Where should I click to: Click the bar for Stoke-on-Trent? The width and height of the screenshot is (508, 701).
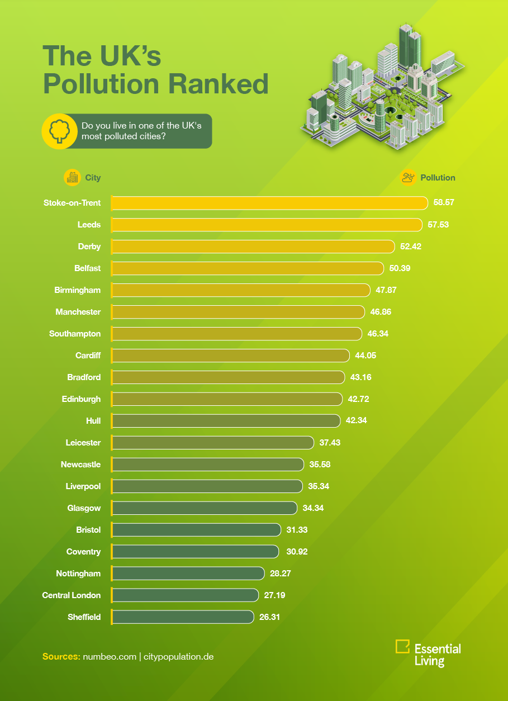point(269,202)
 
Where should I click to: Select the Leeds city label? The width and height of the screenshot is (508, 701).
point(89,225)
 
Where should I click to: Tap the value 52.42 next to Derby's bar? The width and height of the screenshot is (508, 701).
point(410,247)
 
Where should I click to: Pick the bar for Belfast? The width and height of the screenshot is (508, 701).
point(248,268)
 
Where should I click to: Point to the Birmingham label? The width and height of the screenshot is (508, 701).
point(78,290)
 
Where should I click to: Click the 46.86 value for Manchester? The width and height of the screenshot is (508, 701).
point(381,312)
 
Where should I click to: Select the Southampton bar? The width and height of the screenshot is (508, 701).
point(237,334)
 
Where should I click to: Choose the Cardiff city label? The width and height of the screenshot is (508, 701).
point(88,356)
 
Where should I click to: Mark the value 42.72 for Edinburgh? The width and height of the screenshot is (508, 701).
point(358,399)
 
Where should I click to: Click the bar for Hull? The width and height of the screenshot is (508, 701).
point(226,421)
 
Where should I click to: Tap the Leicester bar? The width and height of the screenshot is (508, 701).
point(213,443)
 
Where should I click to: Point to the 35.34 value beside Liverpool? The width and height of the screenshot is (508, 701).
point(319,486)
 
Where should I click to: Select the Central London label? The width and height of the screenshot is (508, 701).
point(72,595)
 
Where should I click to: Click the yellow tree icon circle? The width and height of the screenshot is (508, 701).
point(59,132)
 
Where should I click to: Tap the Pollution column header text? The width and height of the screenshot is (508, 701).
point(438,178)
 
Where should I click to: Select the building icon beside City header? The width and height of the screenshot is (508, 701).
point(72,178)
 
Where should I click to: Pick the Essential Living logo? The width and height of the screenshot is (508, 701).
point(428,653)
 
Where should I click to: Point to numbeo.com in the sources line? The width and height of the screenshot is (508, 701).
point(109,656)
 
